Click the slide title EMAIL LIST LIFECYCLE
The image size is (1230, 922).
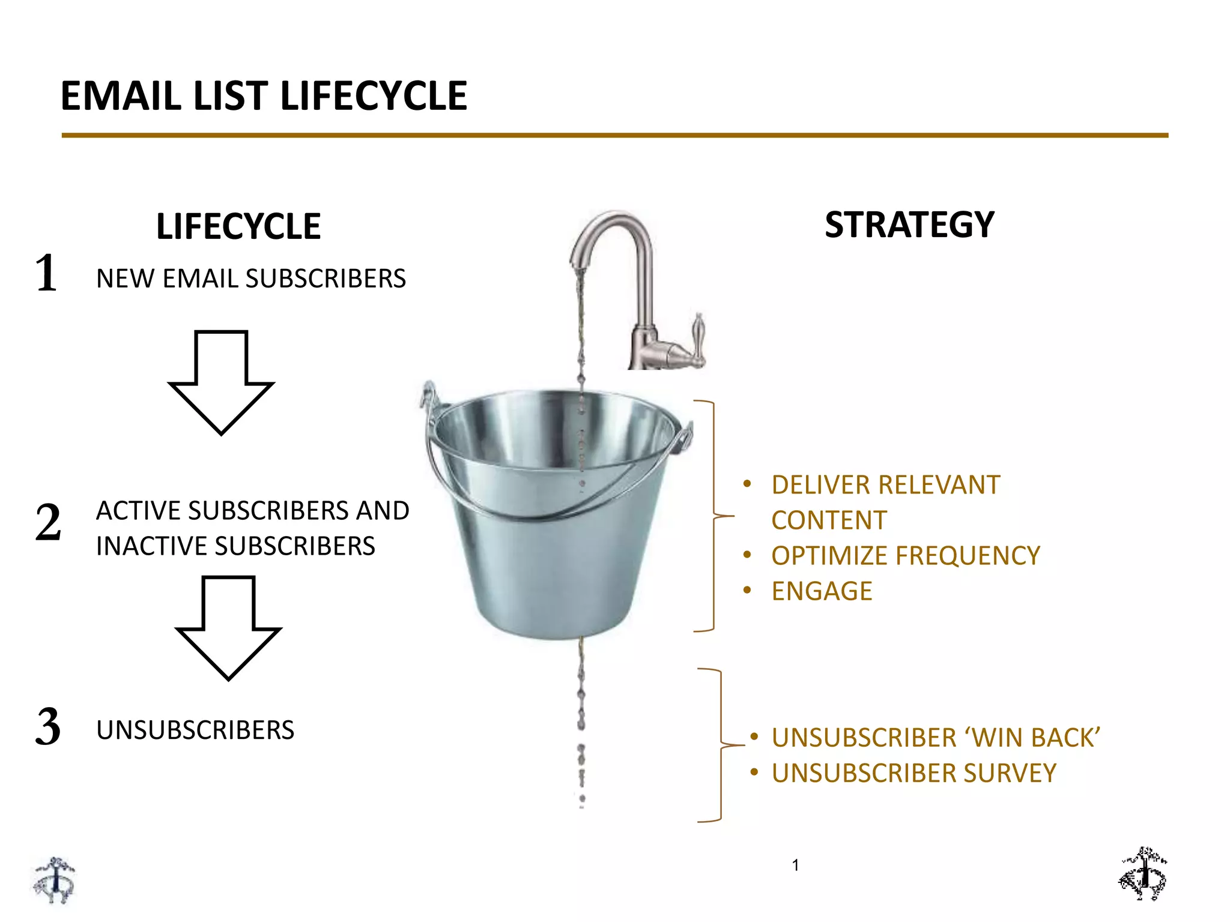tap(264, 96)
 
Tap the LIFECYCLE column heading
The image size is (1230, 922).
tap(238, 226)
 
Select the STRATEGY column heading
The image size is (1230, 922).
tap(909, 224)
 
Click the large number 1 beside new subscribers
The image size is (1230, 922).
tap(47, 273)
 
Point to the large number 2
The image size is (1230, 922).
tap(48, 522)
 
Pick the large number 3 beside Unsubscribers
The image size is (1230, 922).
tap(48, 727)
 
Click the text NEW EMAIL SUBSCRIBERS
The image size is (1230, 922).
tap(251, 279)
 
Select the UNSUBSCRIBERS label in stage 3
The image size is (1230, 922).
tap(195, 730)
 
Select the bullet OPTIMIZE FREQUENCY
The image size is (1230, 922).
tap(905, 556)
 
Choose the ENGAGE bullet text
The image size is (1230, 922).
tap(822, 591)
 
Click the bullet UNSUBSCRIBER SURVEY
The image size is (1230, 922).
tap(913, 773)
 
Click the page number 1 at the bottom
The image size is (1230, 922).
tap(795, 865)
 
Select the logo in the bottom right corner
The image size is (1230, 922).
tap(1143, 874)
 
